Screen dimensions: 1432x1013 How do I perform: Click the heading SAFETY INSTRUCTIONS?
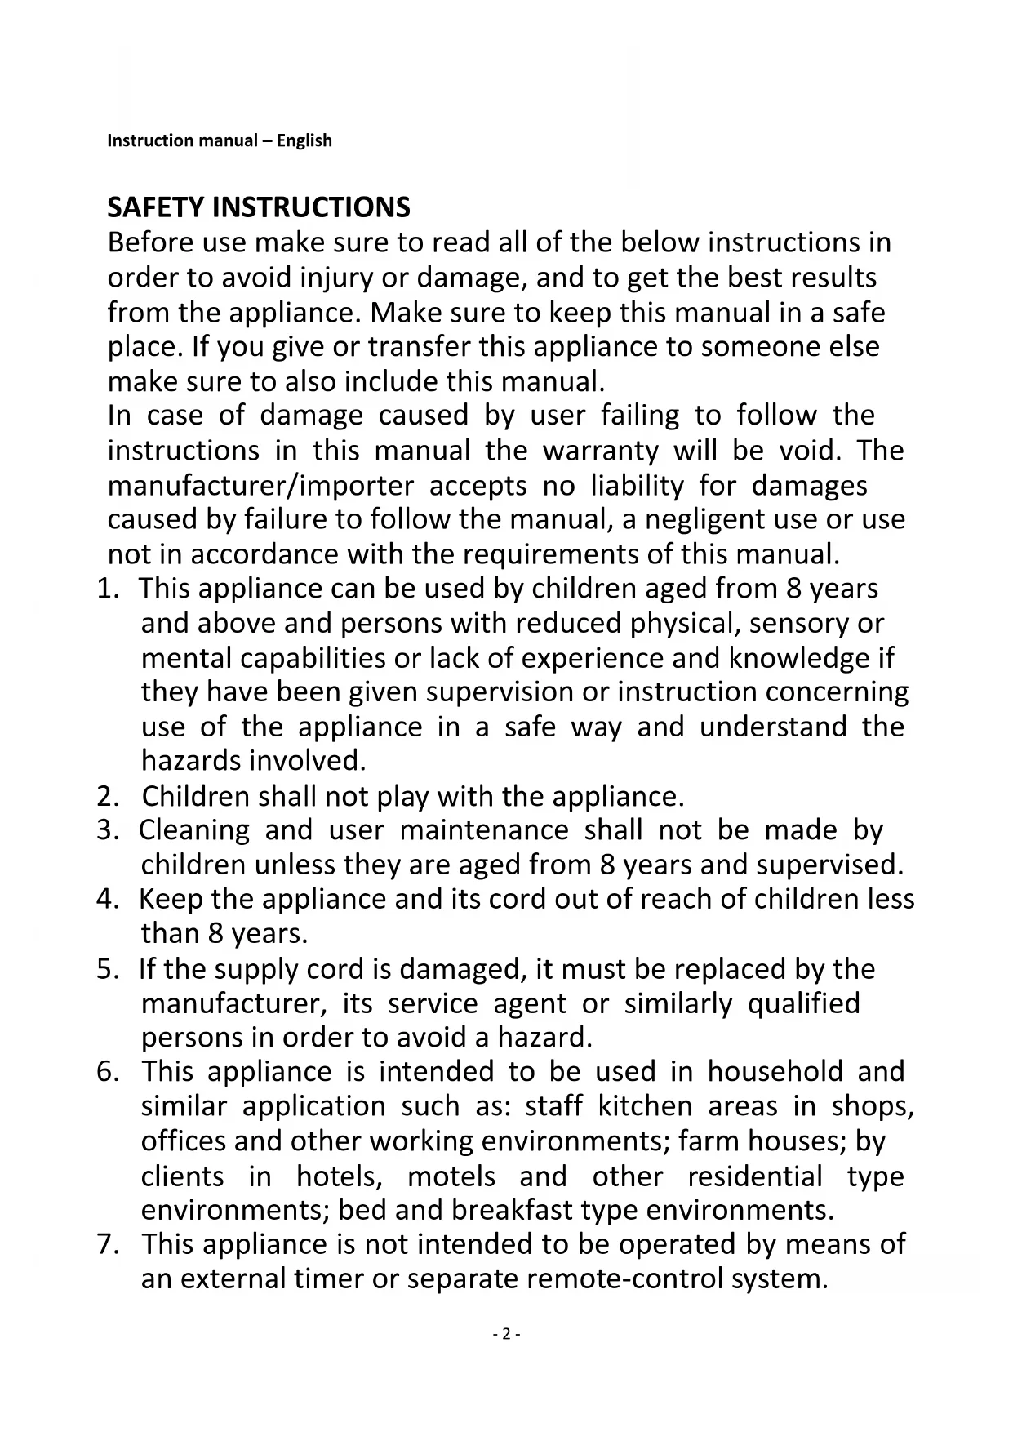click(259, 207)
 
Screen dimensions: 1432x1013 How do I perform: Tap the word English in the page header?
click(304, 140)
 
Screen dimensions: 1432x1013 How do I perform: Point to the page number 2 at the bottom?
click(506, 1334)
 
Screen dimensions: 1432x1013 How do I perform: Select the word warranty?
click(601, 451)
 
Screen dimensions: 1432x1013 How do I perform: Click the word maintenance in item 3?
click(484, 830)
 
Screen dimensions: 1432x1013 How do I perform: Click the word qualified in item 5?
click(803, 1003)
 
